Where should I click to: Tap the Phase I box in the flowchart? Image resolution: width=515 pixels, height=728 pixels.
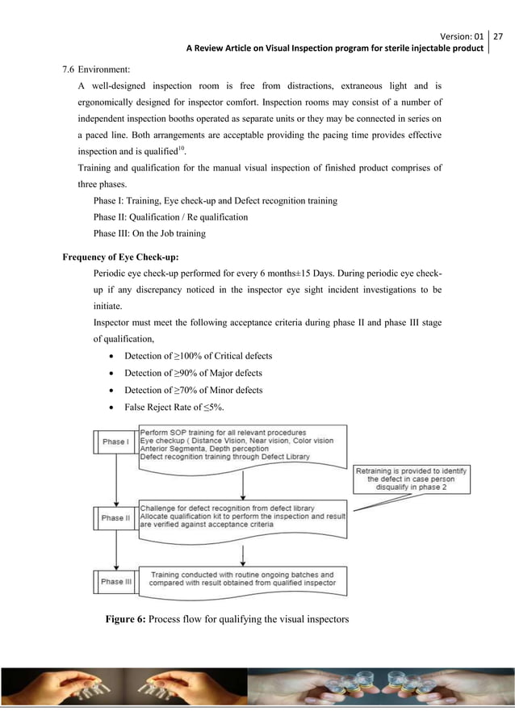(114, 441)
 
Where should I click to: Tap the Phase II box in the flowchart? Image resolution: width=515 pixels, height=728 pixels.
(114, 518)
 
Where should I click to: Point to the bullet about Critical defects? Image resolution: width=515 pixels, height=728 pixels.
(198, 356)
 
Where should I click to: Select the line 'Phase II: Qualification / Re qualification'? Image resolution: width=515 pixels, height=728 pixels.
(170, 217)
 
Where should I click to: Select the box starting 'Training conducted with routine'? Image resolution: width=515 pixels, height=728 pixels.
(242, 578)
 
